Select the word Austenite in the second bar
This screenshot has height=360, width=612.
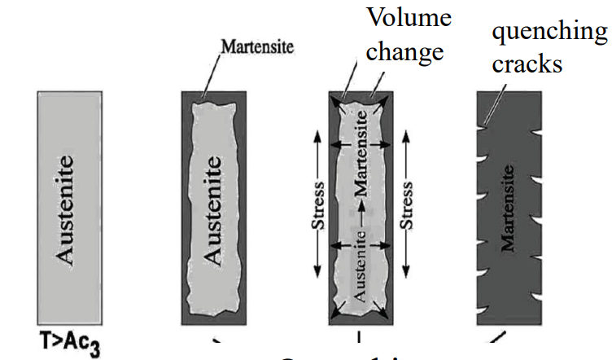212,210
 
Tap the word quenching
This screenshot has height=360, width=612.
549,31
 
